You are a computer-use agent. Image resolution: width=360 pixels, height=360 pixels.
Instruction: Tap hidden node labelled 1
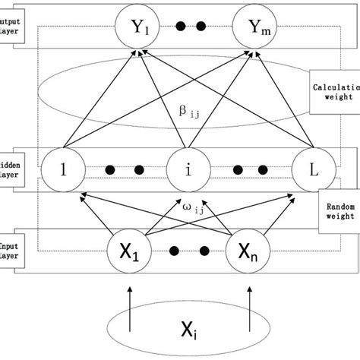coord(64,168)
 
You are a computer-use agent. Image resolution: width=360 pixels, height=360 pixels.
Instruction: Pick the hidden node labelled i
coord(187,168)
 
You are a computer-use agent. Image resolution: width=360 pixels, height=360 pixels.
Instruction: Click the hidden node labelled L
coord(313,168)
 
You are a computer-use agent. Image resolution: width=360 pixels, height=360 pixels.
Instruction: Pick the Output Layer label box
coord(13,27)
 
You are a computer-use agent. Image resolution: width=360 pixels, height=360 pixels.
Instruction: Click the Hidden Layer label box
coord(13,169)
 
